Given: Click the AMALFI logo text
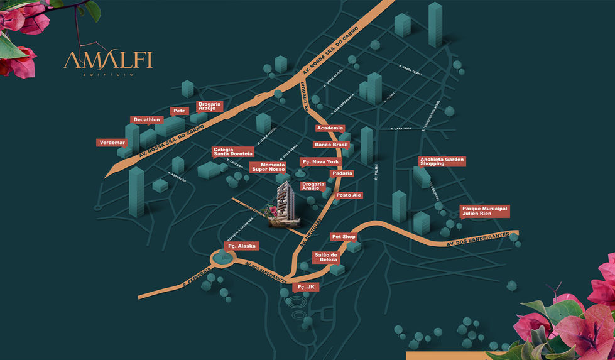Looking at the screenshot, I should pyautogui.click(x=107, y=61).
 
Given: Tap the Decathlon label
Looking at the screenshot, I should pyautogui.click(x=147, y=119).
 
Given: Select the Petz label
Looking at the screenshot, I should pyautogui.click(x=180, y=111).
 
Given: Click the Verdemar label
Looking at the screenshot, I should pyautogui.click(x=112, y=143).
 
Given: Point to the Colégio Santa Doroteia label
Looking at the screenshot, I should pyautogui.click(x=232, y=152).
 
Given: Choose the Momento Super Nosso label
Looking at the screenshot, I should pyautogui.click(x=269, y=167).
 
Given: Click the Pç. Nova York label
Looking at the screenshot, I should pyautogui.click(x=320, y=161).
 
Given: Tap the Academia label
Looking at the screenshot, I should pyautogui.click(x=330, y=128).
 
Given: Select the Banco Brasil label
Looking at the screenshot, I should pyautogui.click(x=331, y=145).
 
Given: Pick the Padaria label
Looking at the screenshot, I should pyautogui.click(x=342, y=173).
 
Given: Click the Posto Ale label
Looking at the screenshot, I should pyautogui.click(x=349, y=195).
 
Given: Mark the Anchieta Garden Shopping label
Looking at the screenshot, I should pyautogui.click(x=442, y=161).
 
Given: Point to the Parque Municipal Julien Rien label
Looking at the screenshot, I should pyautogui.click(x=484, y=211).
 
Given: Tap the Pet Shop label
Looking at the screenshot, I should pyautogui.click(x=344, y=237).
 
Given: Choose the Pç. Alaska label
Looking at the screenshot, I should pyautogui.click(x=241, y=246).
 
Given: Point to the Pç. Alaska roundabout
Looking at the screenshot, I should pyautogui.click(x=222, y=258).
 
